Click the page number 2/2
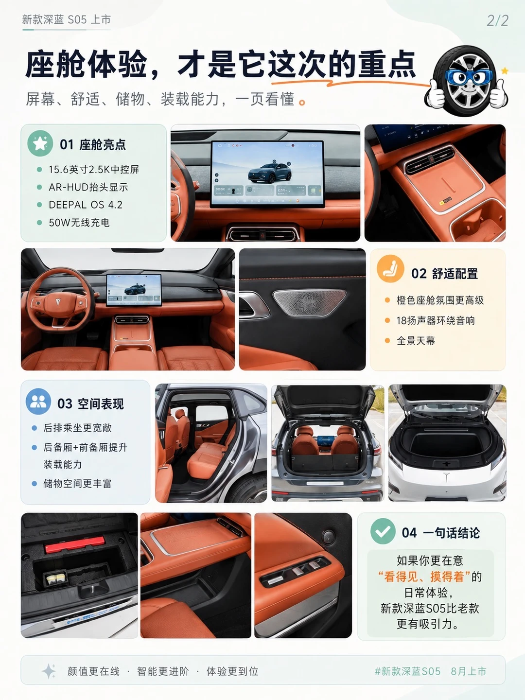[497, 21]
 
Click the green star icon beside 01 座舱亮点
[40, 143]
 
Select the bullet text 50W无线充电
[79, 223]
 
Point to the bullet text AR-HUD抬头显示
[88, 187]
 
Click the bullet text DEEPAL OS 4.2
[86, 205]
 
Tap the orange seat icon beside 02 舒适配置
[390, 268]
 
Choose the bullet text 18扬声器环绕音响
[436, 320]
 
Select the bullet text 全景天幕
[416, 341]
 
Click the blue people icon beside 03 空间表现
[38, 401]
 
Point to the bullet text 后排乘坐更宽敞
[77, 428]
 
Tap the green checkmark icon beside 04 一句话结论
[383, 531]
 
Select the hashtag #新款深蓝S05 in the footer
[407, 671]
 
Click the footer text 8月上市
[468, 671]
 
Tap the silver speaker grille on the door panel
[310, 303]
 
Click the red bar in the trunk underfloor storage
[74, 544]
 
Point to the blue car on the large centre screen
[270, 173]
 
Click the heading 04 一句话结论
[440, 533]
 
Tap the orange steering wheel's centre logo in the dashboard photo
[58, 302]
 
